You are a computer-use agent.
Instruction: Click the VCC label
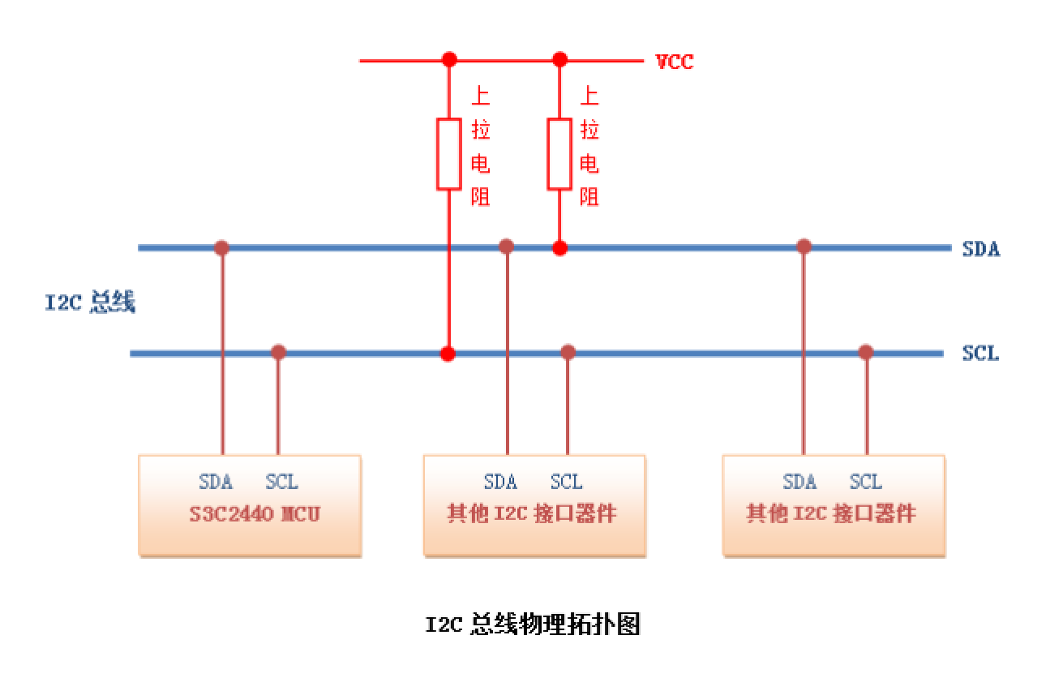[674, 62]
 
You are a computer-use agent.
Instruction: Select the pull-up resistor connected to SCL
[449, 154]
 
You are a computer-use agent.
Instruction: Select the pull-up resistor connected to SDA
[559, 154]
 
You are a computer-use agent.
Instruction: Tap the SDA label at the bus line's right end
[980, 249]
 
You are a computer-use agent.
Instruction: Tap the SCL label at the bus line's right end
[980, 354]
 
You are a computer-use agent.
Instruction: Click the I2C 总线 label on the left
[90, 303]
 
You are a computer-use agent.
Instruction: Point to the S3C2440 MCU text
[255, 514]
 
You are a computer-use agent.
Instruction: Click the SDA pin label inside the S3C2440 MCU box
[216, 482]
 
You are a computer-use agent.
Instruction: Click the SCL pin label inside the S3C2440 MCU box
[281, 482]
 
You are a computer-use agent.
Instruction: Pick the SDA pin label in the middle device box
[500, 482]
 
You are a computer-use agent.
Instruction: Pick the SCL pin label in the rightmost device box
[865, 482]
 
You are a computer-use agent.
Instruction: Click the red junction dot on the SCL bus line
[448, 354]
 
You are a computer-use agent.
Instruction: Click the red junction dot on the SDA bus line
[559, 247]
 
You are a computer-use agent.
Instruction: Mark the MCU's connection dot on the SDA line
[221, 247]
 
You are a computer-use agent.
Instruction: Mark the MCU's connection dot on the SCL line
[278, 352]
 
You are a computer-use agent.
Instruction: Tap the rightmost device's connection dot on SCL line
[866, 352]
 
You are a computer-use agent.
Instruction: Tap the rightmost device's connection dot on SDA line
[804, 247]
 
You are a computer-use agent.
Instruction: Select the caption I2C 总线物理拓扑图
[533, 624]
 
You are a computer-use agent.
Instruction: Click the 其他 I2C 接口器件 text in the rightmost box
[831, 514]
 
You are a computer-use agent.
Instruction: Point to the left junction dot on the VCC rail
[449, 59]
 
